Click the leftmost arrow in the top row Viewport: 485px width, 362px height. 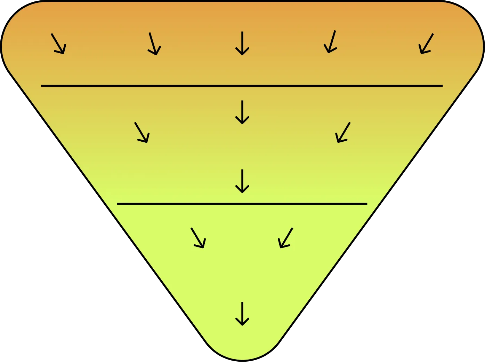click(58, 44)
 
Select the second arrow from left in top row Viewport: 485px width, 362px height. click(154, 44)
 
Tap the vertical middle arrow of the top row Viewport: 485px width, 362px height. click(242, 43)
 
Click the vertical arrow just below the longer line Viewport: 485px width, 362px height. click(242, 112)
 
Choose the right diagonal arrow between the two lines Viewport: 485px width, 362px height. click(343, 132)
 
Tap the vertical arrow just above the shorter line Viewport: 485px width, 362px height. click(242, 181)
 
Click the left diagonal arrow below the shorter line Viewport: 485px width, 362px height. click(198, 238)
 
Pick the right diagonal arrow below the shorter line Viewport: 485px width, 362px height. click(286, 238)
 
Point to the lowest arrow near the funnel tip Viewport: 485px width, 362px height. click(242, 313)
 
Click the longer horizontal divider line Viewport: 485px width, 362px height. click(242, 85)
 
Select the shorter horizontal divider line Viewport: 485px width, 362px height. click(242, 204)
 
